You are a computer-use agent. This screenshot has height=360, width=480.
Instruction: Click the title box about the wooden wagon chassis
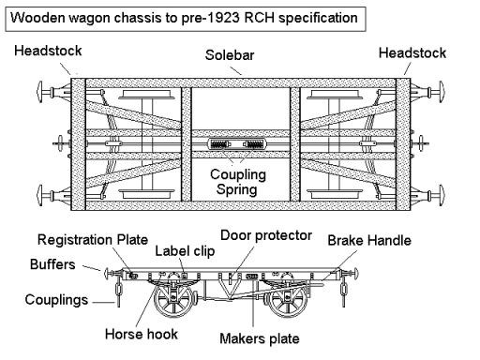(x=186, y=19)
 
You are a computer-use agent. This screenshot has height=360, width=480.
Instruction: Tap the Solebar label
(x=230, y=55)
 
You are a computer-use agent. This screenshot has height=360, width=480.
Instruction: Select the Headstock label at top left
(x=48, y=51)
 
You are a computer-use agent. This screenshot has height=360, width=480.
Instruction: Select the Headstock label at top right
(x=412, y=52)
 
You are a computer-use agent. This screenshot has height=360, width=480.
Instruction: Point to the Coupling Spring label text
(x=238, y=182)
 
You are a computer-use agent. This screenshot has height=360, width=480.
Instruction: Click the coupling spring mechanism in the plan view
(x=237, y=144)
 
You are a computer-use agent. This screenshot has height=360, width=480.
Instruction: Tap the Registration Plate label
(x=93, y=240)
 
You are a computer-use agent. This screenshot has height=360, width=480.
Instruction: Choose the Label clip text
(x=185, y=251)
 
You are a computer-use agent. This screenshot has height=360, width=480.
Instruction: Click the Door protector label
(x=266, y=235)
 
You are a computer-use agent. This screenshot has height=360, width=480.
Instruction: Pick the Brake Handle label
(x=369, y=241)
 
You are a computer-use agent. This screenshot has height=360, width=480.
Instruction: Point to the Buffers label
(x=52, y=264)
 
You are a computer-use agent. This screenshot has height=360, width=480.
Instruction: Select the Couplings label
(x=56, y=300)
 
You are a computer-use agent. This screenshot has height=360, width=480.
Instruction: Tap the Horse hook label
(x=142, y=334)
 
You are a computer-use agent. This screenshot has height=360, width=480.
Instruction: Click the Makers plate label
(x=260, y=338)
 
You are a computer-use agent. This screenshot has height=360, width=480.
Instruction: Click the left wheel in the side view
(x=173, y=300)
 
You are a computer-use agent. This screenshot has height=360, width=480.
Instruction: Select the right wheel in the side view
(x=288, y=301)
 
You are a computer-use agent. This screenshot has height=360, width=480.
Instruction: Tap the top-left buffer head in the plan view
(x=39, y=92)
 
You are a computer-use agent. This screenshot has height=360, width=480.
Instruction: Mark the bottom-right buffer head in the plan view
(x=441, y=196)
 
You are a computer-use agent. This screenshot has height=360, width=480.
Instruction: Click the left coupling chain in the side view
(x=118, y=292)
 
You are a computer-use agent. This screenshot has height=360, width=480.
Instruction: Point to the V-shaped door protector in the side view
(x=232, y=287)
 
